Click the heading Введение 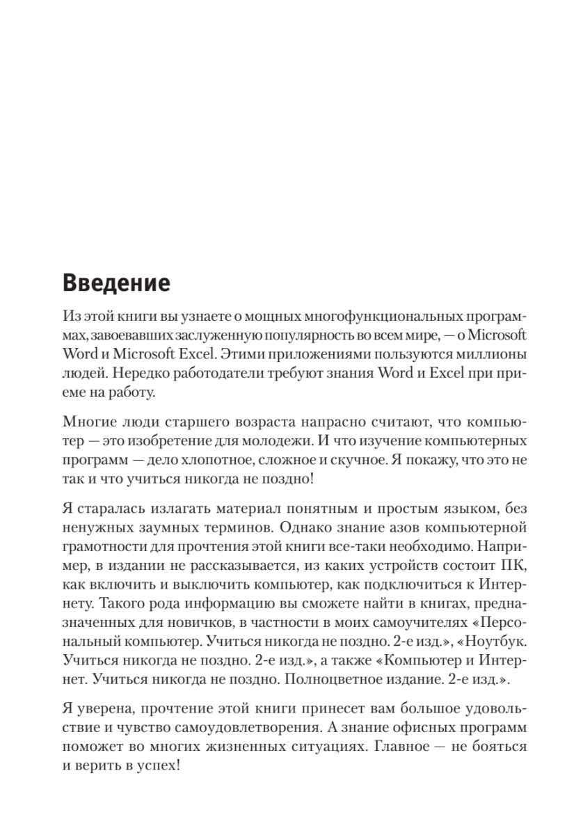(x=116, y=284)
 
